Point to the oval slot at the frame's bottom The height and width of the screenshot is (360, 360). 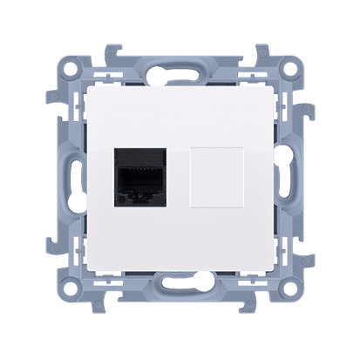[x=180, y=296]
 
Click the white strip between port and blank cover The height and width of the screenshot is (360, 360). [x=179, y=183]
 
